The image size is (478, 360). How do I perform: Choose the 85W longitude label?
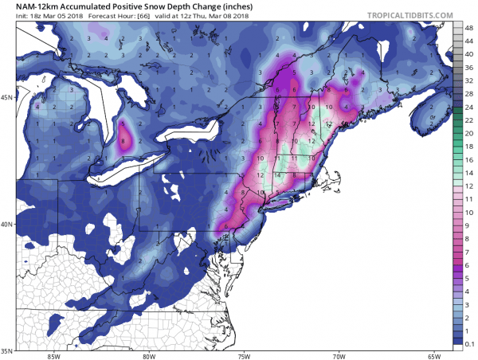pos(53,355)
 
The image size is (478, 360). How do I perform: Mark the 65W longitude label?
pos(433,355)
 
